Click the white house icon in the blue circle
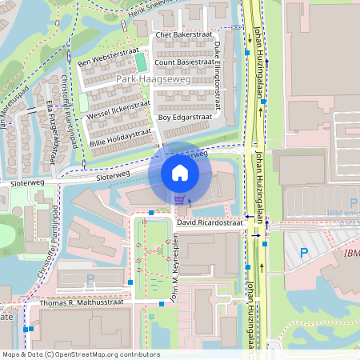pyautogui.click(x=180, y=173)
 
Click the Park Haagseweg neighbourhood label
pyautogui.click(x=147, y=80)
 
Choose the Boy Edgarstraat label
pyautogui.click(x=184, y=117)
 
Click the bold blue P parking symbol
pyautogui.click(x=303, y=253)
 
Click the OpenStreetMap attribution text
pyautogui.click(x=81, y=354)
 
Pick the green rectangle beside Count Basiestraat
pyautogui.click(x=141, y=62)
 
